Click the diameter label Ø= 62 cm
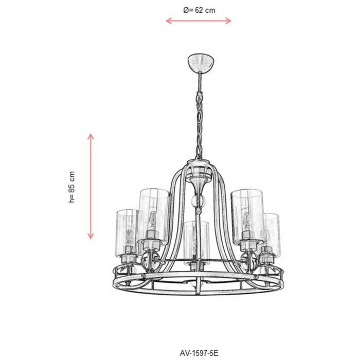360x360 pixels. [200, 10]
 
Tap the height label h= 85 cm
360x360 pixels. [71, 187]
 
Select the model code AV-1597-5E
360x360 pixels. [199, 353]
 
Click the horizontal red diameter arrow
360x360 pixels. [199, 21]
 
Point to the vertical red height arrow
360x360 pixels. [91, 186]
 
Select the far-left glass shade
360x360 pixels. [127, 232]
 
